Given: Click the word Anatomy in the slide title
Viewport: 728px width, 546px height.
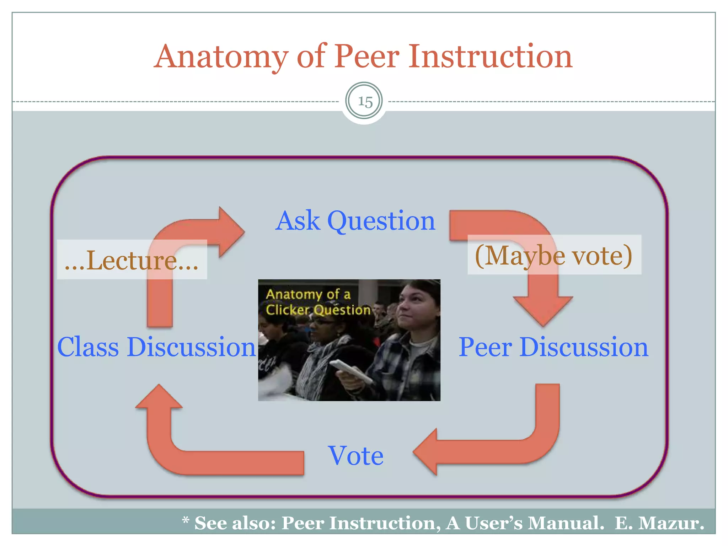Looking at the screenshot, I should tap(221, 57).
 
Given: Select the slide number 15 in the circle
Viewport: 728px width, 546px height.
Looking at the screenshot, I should tap(365, 101).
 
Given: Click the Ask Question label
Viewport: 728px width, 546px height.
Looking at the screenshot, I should tap(355, 221).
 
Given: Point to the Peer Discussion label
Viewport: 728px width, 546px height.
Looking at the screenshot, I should tap(553, 347).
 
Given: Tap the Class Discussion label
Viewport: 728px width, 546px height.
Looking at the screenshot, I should tap(156, 347).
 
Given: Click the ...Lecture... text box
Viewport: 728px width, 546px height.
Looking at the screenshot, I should tap(132, 260).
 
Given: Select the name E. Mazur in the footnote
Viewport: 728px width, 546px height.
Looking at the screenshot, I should tap(659, 523).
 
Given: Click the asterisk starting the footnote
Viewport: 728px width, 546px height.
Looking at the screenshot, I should tap(185, 521).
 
